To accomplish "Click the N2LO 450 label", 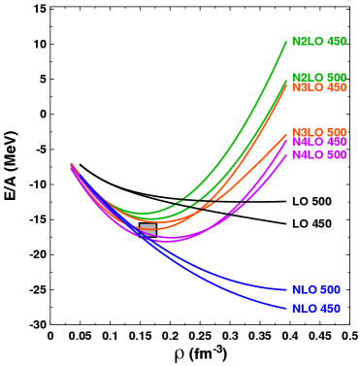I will point(318,42).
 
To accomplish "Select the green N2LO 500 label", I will point(318,78).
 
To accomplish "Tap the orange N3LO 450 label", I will point(318,87).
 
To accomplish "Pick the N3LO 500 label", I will point(318,133).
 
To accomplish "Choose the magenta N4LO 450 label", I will point(318,142).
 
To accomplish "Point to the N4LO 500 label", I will point(318,155).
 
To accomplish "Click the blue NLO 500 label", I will point(315,290).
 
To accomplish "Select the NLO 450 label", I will point(315,309).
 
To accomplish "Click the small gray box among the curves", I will point(147,229).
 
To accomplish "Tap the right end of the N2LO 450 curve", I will point(286,42).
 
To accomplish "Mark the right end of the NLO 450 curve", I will point(286,309).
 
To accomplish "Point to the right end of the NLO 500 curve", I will point(286,290).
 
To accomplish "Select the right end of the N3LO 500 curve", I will point(286,135).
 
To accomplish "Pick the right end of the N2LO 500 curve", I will point(286,80).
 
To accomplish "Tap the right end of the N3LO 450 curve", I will point(286,85).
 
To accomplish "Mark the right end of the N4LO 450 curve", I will point(286,142).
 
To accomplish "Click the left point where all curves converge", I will point(71,165).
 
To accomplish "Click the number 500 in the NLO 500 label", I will point(330,290).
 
